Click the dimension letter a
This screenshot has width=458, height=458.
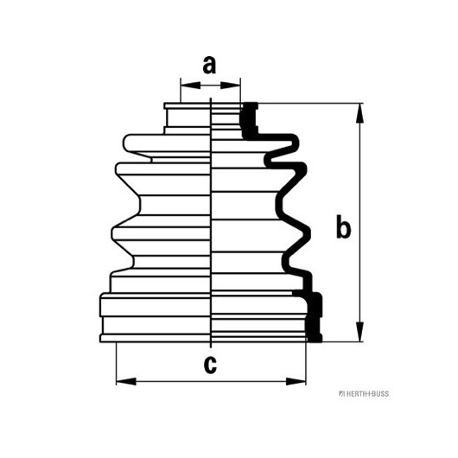coord(209,65)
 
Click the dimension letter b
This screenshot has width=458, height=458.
coord(343,227)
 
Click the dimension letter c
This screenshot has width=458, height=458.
coord(210,365)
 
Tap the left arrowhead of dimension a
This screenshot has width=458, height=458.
coord(191,86)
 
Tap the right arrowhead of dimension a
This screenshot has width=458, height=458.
coord(230,86)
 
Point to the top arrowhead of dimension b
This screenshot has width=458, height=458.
coord(360,113)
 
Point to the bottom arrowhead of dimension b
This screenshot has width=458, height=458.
coord(360,332)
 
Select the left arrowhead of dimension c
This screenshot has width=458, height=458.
coord(126,381)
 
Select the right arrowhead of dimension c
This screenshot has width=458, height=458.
coord(296,381)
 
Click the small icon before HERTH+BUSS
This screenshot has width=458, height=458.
coord(341,394)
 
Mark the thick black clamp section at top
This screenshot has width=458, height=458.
coord(249,120)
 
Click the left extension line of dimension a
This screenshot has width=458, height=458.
coord(181,90)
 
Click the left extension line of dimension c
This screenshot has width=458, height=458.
coord(117,364)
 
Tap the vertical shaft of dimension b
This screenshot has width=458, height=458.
coord(360,222)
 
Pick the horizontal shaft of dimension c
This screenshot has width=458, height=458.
coord(211,381)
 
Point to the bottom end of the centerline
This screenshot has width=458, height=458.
coord(211,348)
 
